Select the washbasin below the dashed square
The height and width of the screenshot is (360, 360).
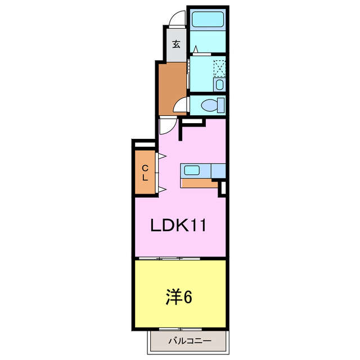pos(219,85)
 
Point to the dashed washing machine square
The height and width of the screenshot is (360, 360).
pos(220,68)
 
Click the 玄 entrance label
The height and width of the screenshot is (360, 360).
pos(177,44)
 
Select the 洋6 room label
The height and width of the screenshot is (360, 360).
pos(179,296)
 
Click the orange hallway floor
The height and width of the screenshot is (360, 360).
pos(171,84)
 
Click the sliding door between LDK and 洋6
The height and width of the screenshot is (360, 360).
pos(169,258)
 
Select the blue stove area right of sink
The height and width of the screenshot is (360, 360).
pos(218,170)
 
